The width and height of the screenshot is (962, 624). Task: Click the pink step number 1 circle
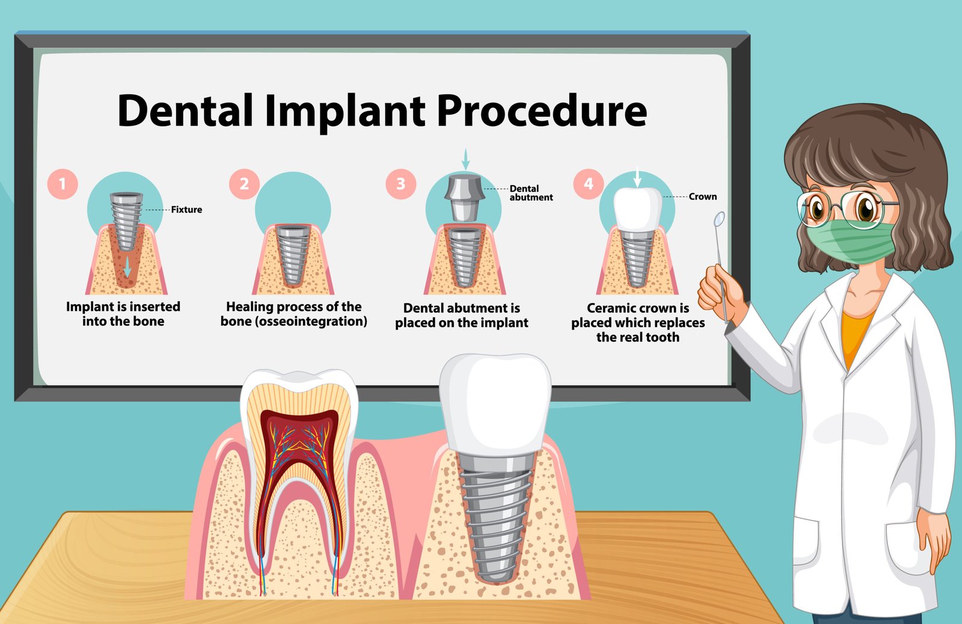63,184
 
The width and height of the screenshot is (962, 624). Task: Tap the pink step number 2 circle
244,184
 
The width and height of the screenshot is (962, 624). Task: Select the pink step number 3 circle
400,184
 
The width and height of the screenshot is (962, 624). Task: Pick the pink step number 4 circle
589,184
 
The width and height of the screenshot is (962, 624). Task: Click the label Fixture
186,210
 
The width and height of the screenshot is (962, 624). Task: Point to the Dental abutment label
532,193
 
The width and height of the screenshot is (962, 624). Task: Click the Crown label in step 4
703,197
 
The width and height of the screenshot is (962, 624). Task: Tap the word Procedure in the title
542,111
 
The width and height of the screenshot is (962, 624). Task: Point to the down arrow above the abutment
465,159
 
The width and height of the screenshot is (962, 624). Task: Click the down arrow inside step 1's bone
127,267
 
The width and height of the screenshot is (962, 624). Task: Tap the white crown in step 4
638,210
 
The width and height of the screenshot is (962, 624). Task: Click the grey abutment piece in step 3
465,198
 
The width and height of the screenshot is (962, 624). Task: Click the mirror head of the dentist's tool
719,219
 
